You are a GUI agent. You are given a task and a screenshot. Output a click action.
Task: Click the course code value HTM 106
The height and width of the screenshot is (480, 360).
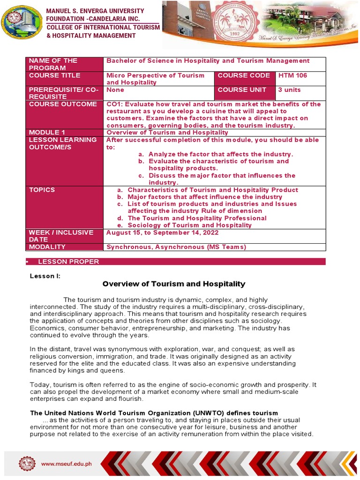pos(292,75)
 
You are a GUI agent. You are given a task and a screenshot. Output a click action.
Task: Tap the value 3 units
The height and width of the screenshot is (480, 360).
pos(289,90)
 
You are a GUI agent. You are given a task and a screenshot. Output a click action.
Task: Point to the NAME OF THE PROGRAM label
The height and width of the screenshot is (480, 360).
pos(53,64)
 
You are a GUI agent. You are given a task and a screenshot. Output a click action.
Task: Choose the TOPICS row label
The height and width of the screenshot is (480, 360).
pos(42,190)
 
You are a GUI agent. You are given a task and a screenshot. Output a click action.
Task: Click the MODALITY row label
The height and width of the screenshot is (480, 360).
pos(47,247)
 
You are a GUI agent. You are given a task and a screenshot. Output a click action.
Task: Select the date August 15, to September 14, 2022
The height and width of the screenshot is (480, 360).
pos(162,232)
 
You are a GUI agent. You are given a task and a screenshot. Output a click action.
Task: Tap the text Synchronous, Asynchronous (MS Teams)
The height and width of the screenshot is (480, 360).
pos(176,247)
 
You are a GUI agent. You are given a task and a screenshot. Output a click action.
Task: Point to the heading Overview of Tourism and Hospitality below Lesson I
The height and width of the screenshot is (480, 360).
pos(174,284)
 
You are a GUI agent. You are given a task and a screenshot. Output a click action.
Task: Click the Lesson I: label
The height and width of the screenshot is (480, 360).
pos(45,276)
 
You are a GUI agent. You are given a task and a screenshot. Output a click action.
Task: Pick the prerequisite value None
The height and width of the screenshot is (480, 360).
pos(115,90)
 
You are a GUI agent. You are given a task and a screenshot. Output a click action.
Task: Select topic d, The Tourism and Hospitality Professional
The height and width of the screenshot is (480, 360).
pos(197,218)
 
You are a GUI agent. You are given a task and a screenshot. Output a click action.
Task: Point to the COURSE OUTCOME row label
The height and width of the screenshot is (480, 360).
pos(62,104)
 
